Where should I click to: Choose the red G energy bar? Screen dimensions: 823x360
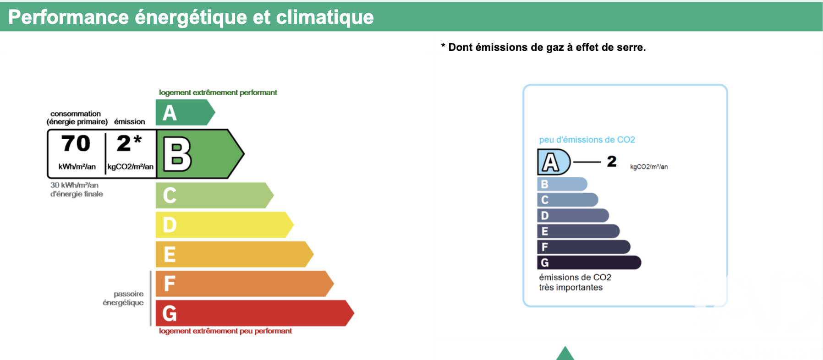255,313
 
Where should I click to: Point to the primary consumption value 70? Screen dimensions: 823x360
76,143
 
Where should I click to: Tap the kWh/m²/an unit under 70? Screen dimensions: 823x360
77,167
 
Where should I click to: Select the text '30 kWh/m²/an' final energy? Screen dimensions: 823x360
74,185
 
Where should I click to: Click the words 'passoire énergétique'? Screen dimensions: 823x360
123,298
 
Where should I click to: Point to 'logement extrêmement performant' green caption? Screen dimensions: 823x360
218,93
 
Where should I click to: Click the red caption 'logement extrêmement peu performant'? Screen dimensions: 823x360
225,331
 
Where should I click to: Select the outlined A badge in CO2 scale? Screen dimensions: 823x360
554,162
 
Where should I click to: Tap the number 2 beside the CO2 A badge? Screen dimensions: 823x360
612,161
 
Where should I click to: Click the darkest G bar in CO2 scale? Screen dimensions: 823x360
589,262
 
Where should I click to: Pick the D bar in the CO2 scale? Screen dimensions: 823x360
573,215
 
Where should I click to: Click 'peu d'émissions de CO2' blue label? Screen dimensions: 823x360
587,140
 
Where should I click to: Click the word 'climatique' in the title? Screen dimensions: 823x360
325,17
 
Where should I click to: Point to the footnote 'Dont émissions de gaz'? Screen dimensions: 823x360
507,47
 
